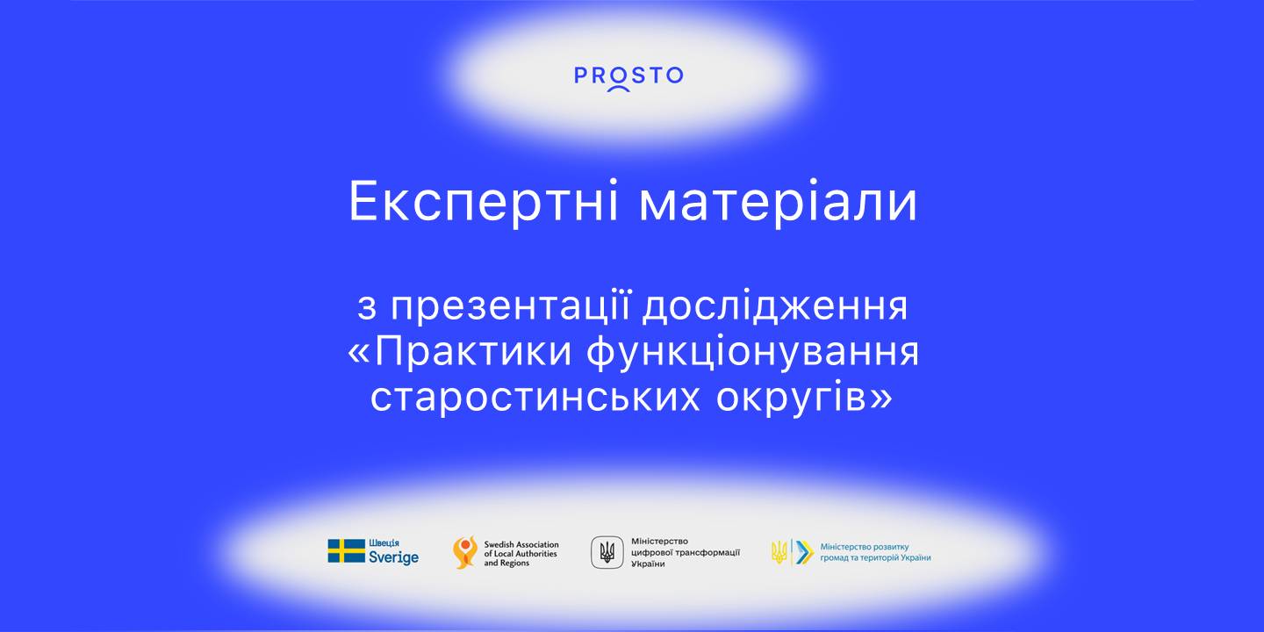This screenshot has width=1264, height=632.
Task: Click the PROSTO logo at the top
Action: [x=628, y=76]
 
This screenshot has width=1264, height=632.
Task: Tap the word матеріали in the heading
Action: [x=778, y=203]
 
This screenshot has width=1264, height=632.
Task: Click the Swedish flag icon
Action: [x=347, y=551]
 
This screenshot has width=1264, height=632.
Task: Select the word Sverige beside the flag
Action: [x=394, y=558]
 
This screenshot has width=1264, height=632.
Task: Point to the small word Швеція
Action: [x=384, y=544]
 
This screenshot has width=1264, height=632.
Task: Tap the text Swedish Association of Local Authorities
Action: [x=521, y=553]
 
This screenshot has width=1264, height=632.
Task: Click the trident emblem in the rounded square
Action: [x=607, y=552]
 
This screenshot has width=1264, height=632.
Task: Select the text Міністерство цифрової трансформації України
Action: [x=685, y=552]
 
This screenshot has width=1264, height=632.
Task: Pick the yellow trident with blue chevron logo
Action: [x=789, y=552]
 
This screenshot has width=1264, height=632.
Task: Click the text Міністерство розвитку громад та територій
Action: [x=874, y=552]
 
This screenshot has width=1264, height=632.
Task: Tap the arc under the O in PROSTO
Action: [x=618, y=89]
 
